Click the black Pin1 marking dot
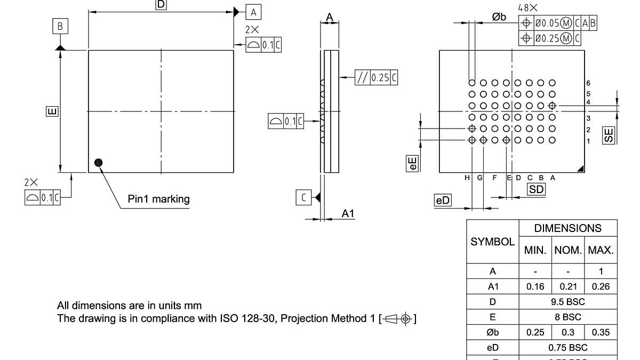98,163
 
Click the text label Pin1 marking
158,199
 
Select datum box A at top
253,12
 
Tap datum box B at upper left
60,26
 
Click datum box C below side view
303,198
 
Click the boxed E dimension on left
52,111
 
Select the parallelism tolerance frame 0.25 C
377,77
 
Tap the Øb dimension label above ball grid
499,18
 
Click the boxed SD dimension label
536,189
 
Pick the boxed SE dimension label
609,135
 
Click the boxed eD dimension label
443,201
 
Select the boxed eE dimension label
412,163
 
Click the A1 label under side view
348,213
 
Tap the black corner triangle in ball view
581,169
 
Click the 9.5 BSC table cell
568,302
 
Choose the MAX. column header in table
601,250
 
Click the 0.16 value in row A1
535,286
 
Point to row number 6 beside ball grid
588,83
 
